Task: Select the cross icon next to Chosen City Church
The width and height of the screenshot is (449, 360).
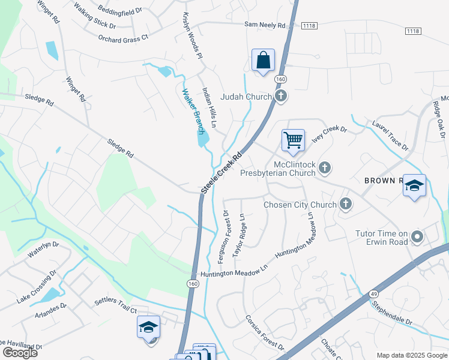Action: click(346, 205)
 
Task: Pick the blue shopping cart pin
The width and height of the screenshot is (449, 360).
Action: click(293, 140)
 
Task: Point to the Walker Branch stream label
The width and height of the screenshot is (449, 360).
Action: click(194, 112)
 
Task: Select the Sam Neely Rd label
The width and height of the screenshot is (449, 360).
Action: click(264, 25)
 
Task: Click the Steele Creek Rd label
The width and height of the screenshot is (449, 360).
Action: click(221, 172)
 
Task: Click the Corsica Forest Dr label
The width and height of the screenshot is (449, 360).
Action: click(264, 332)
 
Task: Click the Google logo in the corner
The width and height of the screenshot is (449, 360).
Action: click(20, 352)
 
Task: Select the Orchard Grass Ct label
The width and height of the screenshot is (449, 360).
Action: click(123, 37)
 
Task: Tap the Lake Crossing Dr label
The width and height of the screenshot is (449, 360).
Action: click(36, 290)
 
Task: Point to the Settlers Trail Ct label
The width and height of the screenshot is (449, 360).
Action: click(115, 305)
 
